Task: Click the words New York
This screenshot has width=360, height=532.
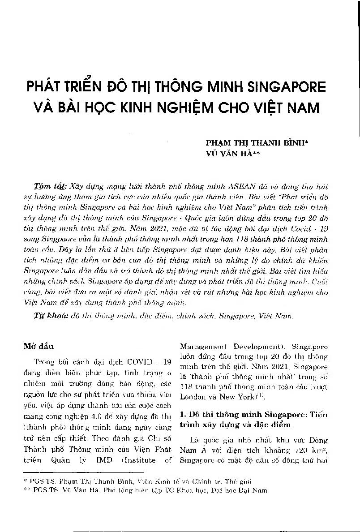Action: (230, 397)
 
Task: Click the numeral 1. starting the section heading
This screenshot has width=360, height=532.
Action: (182, 415)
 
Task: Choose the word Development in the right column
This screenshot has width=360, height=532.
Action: (261, 347)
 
